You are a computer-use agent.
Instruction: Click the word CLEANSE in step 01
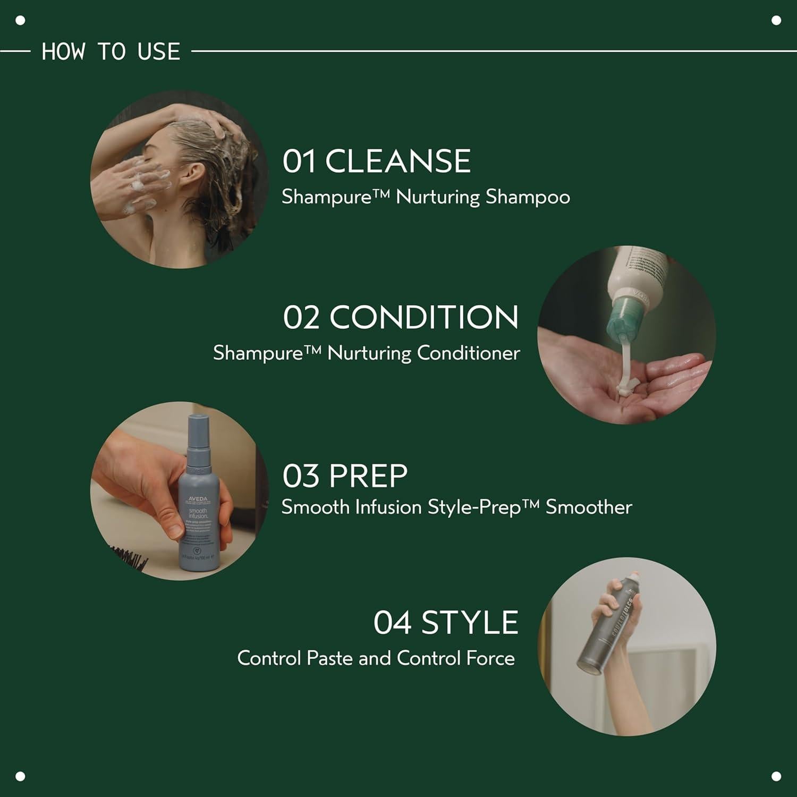(x=397, y=161)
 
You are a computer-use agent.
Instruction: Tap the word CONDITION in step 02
(x=423, y=317)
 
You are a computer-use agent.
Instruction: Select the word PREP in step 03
(x=368, y=476)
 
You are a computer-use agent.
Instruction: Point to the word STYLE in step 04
(x=469, y=623)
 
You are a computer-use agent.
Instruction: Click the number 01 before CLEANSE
(x=299, y=161)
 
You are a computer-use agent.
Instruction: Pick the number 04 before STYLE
(x=392, y=623)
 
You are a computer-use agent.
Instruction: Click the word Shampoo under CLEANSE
(x=527, y=197)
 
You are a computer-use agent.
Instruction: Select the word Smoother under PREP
(x=589, y=507)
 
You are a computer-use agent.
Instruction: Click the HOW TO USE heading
(x=111, y=52)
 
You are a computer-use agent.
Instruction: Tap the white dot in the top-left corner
(x=21, y=21)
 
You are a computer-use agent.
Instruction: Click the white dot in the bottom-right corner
(x=776, y=776)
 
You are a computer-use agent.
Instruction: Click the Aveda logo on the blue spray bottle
(x=198, y=499)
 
